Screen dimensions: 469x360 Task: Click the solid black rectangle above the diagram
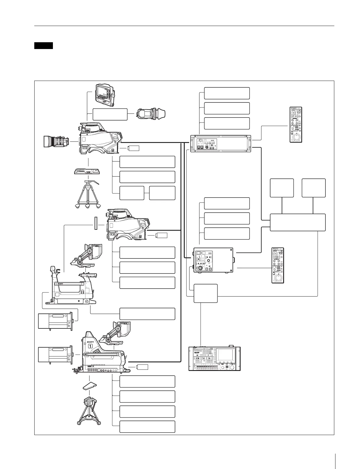43,45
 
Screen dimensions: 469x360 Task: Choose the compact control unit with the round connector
213,260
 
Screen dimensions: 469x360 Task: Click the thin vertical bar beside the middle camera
96,223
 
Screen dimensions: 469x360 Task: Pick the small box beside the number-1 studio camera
142,367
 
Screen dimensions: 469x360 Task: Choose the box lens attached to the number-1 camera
55,354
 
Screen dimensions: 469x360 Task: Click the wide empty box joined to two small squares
298,222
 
